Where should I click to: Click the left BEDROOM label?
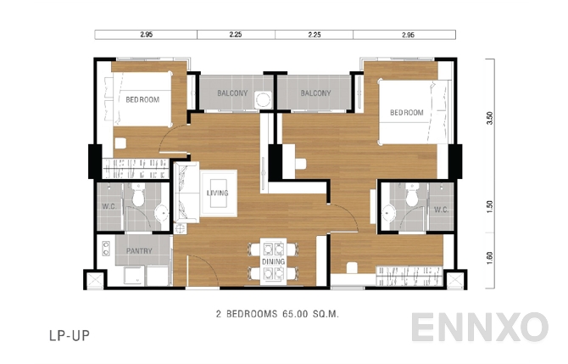pyautogui.click(x=142, y=99)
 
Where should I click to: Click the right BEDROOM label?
pyautogui.click(x=407, y=113)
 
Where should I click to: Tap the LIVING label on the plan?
pyautogui.click(x=218, y=193)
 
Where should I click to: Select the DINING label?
pyautogui.click(x=273, y=262)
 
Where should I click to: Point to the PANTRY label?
pyautogui.click(x=139, y=251)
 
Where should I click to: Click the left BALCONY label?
pyautogui.click(x=231, y=92)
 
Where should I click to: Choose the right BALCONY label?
pyautogui.click(x=315, y=92)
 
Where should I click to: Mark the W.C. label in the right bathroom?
pyautogui.click(x=441, y=210)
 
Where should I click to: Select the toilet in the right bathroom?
pyautogui.click(x=411, y=198)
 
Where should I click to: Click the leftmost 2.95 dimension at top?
pyautogui.click(x=146, y=36)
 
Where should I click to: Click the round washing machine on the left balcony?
pyautogui.click(x=265, y=99)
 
